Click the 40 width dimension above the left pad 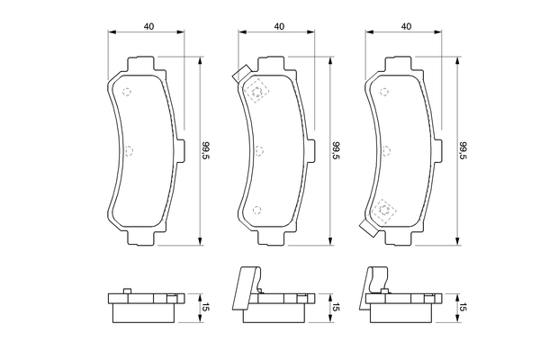click(148, 26)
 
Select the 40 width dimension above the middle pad click(279, 26)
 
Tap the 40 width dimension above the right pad click(407, 26)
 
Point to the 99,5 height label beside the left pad click(206, 150)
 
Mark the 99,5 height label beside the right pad click(463, 150)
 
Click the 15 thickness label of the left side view click(206, 308)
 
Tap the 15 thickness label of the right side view click(463, 308)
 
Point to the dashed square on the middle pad click(258, 91)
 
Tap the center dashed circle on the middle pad click(258, 149)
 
